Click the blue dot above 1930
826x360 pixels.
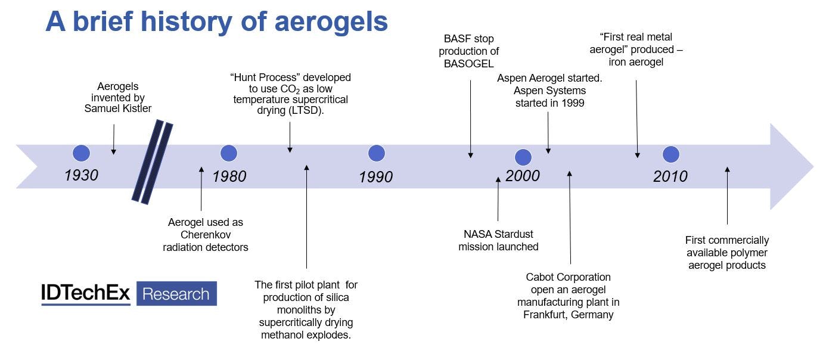[x=81, y=153]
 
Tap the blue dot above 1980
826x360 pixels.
[x=229, y=153]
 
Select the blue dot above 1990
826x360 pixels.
[x=377, y=153]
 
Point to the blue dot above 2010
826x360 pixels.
[x=671, y=154]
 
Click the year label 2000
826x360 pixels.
[x=523, y=176]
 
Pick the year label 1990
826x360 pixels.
[x=376, y=177]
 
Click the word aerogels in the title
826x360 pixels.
[x=331, y=22]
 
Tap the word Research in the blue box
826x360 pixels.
[x=176, y=294]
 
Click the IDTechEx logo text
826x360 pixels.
[x=86, y=293]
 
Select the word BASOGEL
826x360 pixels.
[x=468, y=64]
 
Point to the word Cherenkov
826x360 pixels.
[x=206, y=235]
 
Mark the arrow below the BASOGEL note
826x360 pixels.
[x=471, y=119]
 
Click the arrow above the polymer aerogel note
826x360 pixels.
[x=727, y=195]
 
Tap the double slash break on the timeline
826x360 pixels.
[x=153, y=162]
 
